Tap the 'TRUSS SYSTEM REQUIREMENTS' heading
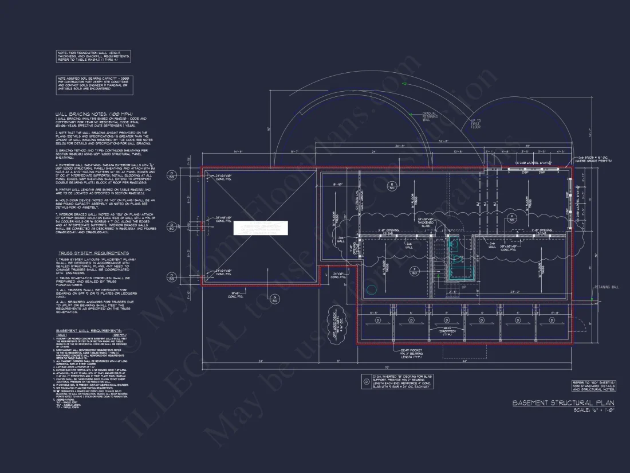click(x=93, y=253)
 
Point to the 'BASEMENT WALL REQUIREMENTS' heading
click(x=89, y=331)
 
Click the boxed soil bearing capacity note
click(x=94, y=85)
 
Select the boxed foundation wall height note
click(x=93, y=56)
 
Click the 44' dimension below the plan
click(x=464, y=361)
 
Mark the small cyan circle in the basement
click(x=372, y=290)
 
